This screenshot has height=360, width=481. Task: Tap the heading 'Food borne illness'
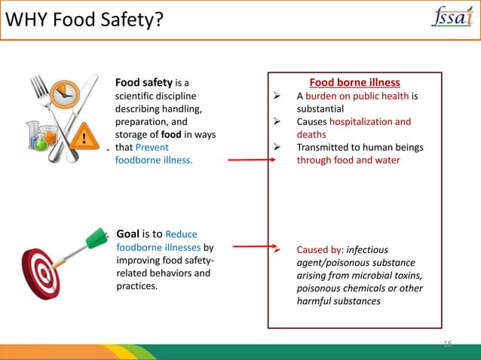[354, 82]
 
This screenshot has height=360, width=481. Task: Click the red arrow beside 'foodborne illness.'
[248, 160]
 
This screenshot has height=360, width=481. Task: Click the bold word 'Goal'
[130, 233]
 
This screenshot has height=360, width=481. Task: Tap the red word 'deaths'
[311, 134]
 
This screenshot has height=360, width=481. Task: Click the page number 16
[446, 343]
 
